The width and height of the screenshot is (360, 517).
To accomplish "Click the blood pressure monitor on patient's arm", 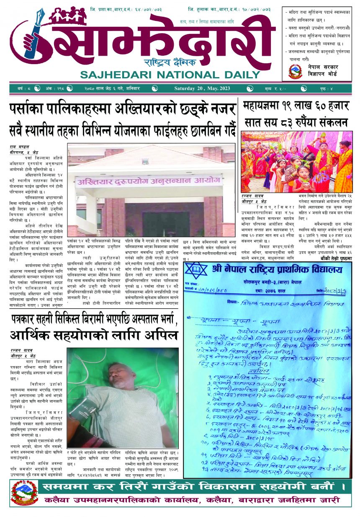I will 83,414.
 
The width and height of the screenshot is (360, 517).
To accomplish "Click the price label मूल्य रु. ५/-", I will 279,88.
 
